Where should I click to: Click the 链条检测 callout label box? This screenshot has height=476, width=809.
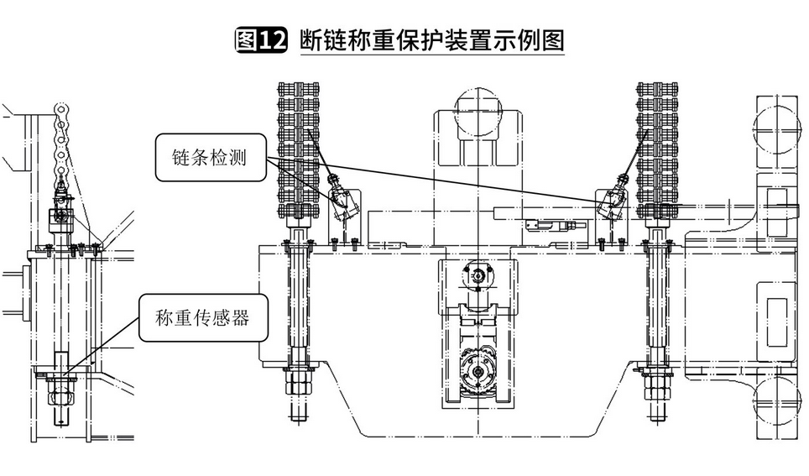click(x=208, y=157)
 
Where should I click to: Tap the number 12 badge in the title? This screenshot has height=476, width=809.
click(x=273, y=40)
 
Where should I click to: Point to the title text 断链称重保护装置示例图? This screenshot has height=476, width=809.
click(x=431, y=40)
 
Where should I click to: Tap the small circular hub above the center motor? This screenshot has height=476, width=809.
click(x=478, y=274)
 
